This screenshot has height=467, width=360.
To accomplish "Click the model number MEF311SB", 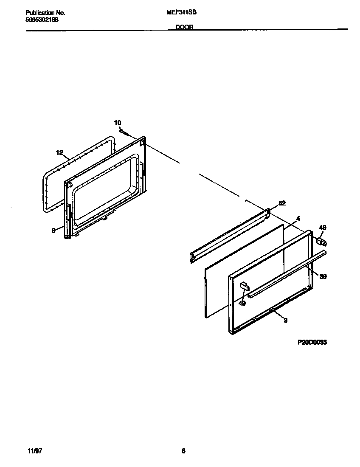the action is (x=181, y=13).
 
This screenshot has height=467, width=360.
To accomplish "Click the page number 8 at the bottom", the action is (x=183, y=451).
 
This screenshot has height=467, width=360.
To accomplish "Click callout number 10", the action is (x=118, y=123).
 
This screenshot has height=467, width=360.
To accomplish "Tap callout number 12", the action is (x=59, y=152).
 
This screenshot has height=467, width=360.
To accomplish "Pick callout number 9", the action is (x=53, y=231).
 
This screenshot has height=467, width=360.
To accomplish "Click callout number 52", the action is (x=282, y=203).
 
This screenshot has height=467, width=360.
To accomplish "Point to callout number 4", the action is (x=298, y=218).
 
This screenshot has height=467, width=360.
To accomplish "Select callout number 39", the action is (x=323, y=276).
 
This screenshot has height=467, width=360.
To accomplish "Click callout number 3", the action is (x=286, y=321).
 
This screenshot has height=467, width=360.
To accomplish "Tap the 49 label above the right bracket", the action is (x=323, y=228).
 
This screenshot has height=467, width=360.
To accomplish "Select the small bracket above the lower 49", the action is (x=244, y=285).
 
